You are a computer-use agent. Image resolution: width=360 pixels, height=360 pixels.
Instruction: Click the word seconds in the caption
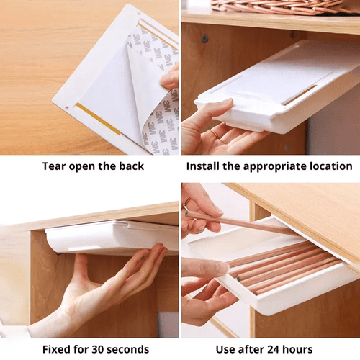pos(128,349)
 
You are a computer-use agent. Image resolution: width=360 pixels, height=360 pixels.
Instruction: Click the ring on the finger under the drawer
pos(215,133)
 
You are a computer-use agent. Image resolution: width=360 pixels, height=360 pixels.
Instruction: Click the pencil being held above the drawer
pos(240,222)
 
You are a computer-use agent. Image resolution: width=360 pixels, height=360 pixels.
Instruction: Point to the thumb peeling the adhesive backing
pos(170,77)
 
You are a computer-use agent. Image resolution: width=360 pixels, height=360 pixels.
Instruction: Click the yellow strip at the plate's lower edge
pos(98,119)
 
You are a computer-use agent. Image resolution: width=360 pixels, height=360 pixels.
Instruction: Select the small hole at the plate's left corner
pos(67,108)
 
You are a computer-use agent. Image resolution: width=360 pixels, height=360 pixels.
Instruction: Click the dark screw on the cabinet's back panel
pos(204,39)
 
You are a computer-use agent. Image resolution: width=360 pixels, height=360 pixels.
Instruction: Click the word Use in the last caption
pos(225,349)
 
